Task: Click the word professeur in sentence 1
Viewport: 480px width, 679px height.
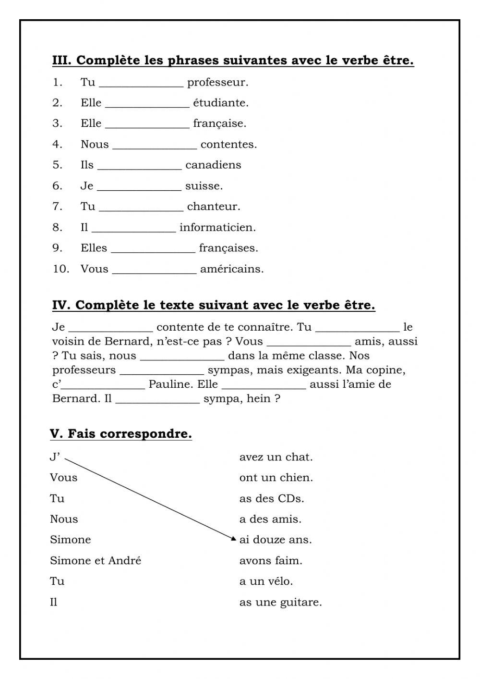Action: point(217,82)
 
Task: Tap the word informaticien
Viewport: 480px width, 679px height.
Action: point(217,227)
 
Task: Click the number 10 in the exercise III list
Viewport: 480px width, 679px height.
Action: point(61,269)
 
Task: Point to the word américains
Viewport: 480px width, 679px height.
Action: point(232,269)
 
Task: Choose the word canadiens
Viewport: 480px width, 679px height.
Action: point(213,165)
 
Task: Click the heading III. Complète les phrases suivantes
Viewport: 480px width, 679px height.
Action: point(233,61)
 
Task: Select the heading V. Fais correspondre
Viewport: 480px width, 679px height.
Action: point(121,434)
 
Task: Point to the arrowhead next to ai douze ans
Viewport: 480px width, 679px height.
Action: point(234,539)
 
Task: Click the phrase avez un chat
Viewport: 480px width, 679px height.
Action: point(276,457)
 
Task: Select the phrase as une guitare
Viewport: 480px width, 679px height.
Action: point(280,602)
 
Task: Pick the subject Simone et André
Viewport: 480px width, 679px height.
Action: point(96,560)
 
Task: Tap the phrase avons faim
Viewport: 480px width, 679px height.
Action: point(271,560)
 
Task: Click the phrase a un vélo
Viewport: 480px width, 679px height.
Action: point(266,581)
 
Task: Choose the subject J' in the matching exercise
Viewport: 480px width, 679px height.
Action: point(55,457)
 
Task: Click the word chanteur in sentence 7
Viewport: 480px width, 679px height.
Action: point(214,207)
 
